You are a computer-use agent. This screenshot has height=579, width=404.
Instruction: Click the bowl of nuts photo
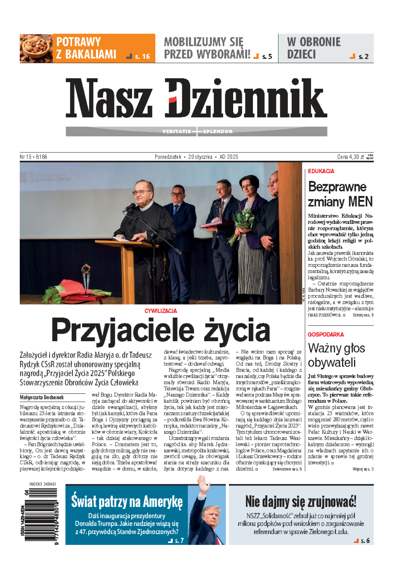(36, 48)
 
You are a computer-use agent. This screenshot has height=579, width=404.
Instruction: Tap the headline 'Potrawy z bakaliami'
(86, 48)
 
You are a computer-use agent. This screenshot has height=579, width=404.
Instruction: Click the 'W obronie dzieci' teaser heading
(314, 48)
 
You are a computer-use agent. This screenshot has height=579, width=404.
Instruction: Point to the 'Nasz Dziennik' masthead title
(196, 98)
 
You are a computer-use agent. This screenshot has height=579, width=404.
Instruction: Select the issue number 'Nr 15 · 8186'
(34, 157)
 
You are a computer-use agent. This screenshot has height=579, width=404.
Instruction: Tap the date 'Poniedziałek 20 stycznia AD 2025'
(196, 157)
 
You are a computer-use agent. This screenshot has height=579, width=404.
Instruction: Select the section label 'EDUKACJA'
(321, 171)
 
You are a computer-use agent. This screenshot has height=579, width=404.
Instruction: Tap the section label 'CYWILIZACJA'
(161, 311)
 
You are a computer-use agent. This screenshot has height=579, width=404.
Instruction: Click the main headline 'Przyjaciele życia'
(161, 330)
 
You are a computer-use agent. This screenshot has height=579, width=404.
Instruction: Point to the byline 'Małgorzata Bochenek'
(42, 397)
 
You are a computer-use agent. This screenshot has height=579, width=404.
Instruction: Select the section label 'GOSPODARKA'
(326, 335)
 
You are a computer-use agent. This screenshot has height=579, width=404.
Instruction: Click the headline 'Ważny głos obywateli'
(336, 355)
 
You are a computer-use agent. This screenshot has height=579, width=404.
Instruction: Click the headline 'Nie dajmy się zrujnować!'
(301, 502)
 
